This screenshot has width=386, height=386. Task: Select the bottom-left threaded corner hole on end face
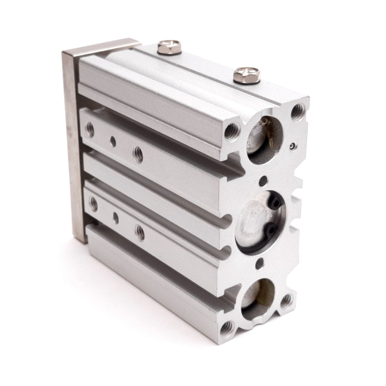point(226,325)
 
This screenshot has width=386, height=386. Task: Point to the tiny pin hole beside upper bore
point(293,146)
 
